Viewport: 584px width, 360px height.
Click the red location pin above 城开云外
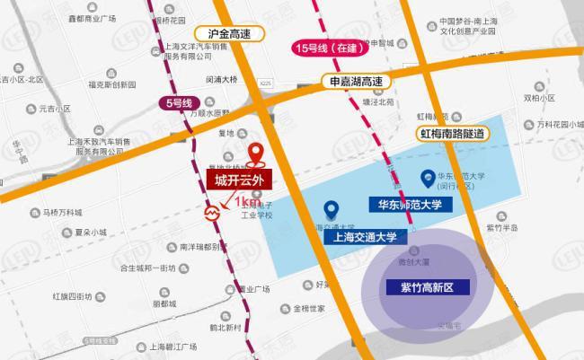257,154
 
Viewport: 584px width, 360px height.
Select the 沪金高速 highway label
240,33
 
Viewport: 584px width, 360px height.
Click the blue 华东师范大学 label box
411,205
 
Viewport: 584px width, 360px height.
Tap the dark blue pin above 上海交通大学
331,210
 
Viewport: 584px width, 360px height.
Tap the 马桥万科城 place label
62,213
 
